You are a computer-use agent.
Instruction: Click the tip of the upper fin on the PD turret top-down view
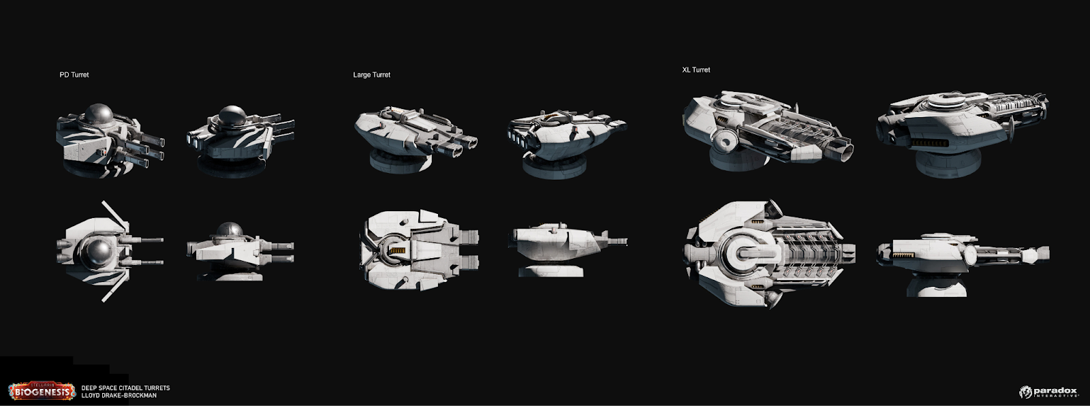point(103,202)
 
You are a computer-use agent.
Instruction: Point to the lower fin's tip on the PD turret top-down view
point(103,300)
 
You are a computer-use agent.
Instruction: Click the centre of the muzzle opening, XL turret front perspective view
point(845,153)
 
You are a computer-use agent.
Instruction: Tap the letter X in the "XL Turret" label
point(685,69)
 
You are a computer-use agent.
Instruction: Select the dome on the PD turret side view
point(229,230)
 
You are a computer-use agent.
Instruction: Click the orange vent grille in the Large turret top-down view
point(398,250)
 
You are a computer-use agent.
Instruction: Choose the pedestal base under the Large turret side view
point(550,270)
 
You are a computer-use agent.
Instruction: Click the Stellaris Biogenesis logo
point(42,391)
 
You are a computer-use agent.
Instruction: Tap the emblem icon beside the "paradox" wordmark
point(1025,392)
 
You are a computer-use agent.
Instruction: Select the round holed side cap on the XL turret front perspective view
point(725,142)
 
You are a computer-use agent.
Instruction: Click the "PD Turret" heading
point(74,74)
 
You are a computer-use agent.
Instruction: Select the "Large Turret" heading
point(372,74)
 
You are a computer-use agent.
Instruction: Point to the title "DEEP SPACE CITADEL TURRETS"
point(125,388)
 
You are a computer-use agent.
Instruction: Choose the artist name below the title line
point(119,395)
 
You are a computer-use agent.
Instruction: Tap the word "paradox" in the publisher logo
point(1055,391)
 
